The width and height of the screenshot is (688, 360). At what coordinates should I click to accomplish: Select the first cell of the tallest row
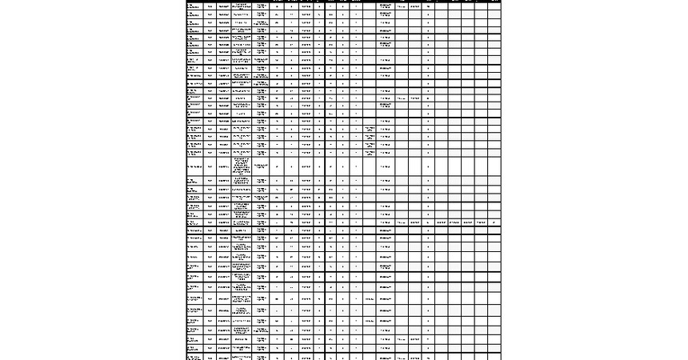tap(194, 166)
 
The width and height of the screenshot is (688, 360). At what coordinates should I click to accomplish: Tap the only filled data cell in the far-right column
tap(494, 222)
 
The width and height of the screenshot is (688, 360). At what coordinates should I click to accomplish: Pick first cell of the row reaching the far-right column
tap(194, 222)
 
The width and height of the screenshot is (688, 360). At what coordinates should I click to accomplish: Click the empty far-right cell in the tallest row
tap(494, 166)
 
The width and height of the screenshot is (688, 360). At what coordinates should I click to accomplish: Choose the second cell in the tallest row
tap(210, 166)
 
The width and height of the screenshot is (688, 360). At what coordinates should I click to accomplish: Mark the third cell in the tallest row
tap(223, 166)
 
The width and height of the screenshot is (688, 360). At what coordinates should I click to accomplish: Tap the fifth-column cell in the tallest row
tap(262, 166)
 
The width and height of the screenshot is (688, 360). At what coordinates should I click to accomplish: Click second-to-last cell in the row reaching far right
tap(481, 222)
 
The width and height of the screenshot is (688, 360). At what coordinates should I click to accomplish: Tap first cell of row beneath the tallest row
tap(194, 181)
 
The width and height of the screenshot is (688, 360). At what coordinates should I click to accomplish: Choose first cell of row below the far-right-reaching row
tap(194, 230)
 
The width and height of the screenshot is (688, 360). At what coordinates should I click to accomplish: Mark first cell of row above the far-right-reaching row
tap(194, 214)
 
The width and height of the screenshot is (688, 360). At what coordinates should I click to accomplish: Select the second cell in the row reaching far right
tap(210, 222)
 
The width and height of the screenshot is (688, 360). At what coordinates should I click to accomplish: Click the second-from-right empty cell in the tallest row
tap(481, 166)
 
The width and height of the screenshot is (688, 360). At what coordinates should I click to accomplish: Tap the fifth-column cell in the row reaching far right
tap(262, 222)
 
